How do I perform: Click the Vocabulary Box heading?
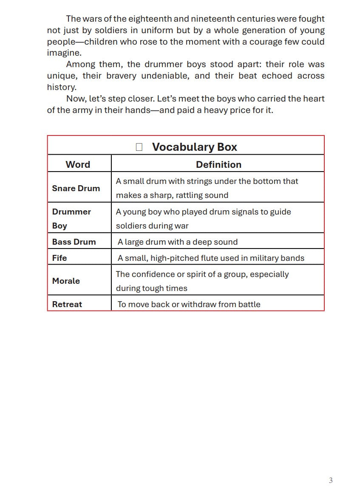click(x=194, y=147)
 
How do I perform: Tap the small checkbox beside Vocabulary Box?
click(x=139, y=147)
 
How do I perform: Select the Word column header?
click(x=78, y=164)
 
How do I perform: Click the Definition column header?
click(x=218, y=164)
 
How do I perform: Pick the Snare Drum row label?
click(x=76, y=188)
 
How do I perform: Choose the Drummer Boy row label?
click(x=71, y=218)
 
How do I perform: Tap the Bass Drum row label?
click(x=74, y=242)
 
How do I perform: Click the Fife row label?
click(x=60, y=258)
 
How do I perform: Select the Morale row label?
click(x=66, y=281)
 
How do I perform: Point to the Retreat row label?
click(x=67, y=304)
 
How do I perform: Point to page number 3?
click(x=331, y=480)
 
